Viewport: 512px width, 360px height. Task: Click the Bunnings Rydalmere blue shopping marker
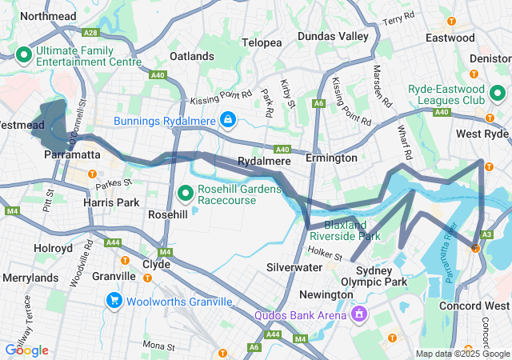229,119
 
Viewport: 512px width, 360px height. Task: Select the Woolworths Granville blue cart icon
114,301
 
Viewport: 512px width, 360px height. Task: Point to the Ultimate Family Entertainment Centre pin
24,55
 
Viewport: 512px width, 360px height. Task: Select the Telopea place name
262,42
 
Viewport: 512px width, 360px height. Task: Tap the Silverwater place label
294,266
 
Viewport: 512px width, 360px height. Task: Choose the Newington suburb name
326,294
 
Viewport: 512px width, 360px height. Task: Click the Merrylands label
30,277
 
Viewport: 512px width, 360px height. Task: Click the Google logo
26,350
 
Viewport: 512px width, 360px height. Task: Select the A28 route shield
90,33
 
